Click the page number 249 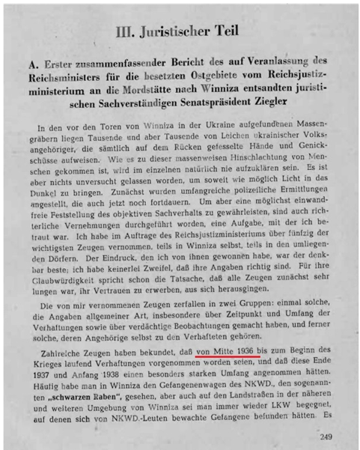click(329, 439)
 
